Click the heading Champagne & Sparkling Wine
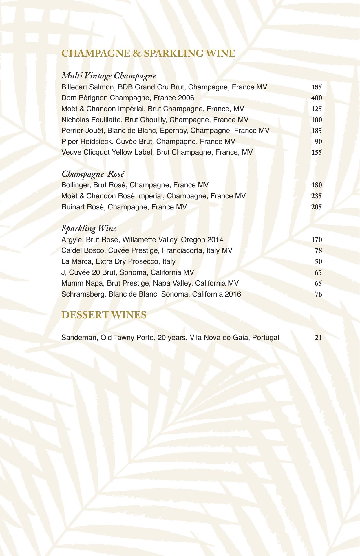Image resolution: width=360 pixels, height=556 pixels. tap(148, 54)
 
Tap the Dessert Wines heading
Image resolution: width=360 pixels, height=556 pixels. tap(104, 315)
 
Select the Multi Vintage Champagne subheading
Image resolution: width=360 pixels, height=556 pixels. tap(109, 76)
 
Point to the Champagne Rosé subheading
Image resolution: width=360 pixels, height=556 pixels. tap(93, 174)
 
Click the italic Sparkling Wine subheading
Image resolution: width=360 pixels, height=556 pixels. tap(89, 228)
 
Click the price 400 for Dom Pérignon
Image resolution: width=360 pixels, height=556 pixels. tap(316, 98)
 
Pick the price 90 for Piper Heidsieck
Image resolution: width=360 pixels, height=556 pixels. tap(318, 142)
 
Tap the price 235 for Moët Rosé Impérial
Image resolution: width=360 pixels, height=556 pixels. tap(316, 196)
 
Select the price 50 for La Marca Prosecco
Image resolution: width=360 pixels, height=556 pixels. tap(318, 262)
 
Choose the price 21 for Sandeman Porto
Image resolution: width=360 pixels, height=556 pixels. tap(318, 338)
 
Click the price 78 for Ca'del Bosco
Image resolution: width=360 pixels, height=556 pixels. tap(318, 251)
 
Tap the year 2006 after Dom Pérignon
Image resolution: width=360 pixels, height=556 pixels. tap(186, 98)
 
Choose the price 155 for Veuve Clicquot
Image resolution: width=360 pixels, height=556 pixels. tap(316, 153)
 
